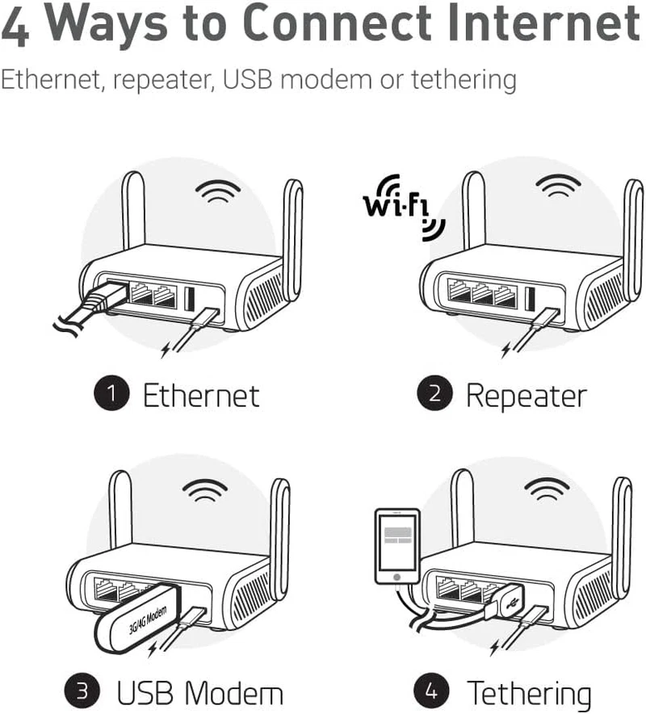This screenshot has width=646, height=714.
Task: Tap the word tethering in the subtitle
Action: click(x=464, y=80)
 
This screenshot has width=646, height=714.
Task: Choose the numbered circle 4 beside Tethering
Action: click(x=428, y=692)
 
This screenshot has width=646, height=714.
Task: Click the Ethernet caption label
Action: click(x=201, y=395)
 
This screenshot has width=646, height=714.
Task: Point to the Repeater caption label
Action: click(x=526, y=395)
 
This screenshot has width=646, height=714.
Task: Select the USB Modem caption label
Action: click(x=200, y=693)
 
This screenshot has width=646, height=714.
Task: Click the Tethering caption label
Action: click(x=529, y=693)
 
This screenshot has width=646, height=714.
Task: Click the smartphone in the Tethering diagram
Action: click(x=397, y=546)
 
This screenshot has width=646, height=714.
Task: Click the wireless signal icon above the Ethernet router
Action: click(x=218, y=191)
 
